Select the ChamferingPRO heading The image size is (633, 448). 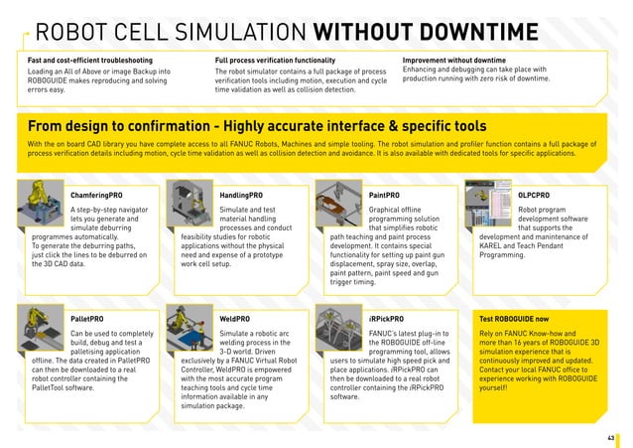coord(96,196)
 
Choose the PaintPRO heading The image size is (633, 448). coord(384,196)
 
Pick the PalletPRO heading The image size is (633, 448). coord(87,319)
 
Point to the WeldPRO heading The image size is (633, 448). coord(234,319)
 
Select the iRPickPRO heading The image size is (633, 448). coord(386,319)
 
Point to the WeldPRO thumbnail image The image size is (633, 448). coord(190,331)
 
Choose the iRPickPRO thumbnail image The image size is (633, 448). coord(339,330)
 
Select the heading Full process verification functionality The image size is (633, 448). coord(282,61)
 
